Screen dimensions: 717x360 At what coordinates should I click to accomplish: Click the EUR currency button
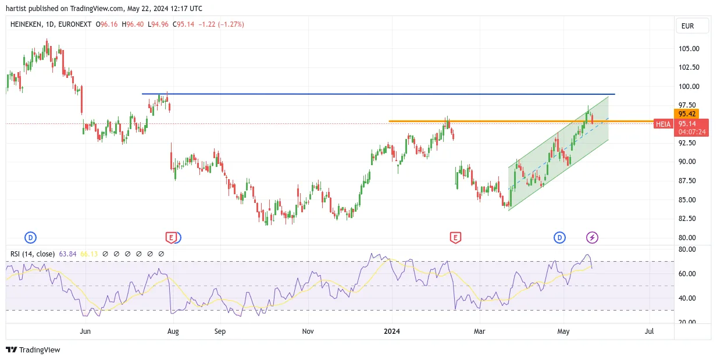(x=692, y=26)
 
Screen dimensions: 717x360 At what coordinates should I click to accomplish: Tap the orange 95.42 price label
(x=687, y=114)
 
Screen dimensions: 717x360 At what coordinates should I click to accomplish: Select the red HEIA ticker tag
(x=664, y=124)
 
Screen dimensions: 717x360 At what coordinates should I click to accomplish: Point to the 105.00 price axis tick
(x=689, y=49)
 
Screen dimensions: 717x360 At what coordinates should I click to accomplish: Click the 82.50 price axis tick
(x=687, y=219)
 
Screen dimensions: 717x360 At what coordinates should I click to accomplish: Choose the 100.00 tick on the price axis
(x=689, y=87)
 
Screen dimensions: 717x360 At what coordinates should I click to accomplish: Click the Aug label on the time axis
(x=173, y=331)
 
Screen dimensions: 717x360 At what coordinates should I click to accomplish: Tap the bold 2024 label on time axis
(x=392, y=331)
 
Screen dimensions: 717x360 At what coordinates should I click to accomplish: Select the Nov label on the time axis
(x=308, y=331)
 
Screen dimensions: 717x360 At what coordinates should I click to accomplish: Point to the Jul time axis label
(x=649, y=331)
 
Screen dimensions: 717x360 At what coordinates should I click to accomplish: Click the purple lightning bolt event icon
(x=592, y=238)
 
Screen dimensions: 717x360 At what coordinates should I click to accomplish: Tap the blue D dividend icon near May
(x=559, y=238)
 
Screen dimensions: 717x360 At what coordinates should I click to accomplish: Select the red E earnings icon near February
(x=455, y=238)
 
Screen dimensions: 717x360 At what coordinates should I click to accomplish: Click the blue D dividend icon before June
(x=30, y=238)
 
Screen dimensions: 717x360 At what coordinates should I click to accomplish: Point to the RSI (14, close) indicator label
(x=33, y=254)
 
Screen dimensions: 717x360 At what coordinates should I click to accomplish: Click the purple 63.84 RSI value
(x=67, y=254)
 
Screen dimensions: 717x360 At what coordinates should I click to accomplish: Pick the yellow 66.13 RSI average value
(x=88, y=254)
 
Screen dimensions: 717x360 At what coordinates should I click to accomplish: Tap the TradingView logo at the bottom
(x=33, y=350)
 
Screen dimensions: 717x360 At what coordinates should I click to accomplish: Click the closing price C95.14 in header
(x=183, y=24)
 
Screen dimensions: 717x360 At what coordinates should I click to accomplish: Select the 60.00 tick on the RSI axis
(x=687, y=274)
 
